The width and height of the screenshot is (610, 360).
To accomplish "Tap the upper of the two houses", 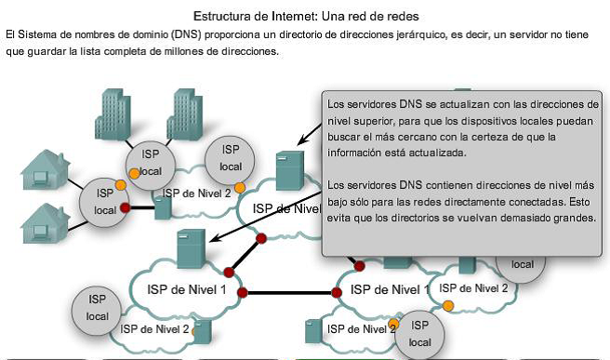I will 46,169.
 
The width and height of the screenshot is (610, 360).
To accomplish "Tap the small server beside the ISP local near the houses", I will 163,207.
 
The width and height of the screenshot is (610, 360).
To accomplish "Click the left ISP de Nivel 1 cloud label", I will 186,289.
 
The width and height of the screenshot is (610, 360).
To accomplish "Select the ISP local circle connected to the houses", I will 98,202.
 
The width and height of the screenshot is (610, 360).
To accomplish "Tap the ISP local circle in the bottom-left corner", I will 97,308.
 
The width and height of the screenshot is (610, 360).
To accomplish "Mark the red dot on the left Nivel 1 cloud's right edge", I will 244,293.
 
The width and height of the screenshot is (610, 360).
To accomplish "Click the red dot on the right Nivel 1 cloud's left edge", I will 337,293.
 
